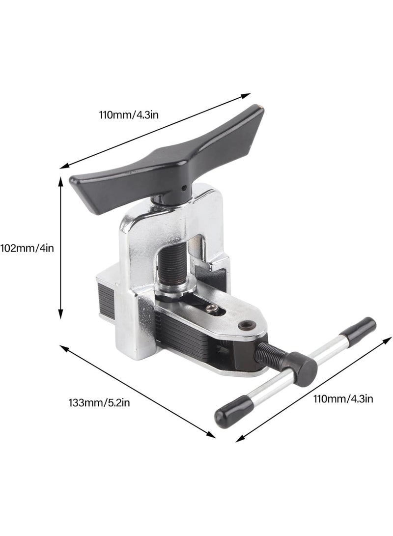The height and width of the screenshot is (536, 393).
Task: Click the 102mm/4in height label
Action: [28, 248]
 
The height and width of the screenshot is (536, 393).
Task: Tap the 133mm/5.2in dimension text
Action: [99, 403]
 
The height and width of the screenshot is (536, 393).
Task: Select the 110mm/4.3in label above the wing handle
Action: [129, 114]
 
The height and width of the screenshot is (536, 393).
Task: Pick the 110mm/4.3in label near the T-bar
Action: [343, 398]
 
